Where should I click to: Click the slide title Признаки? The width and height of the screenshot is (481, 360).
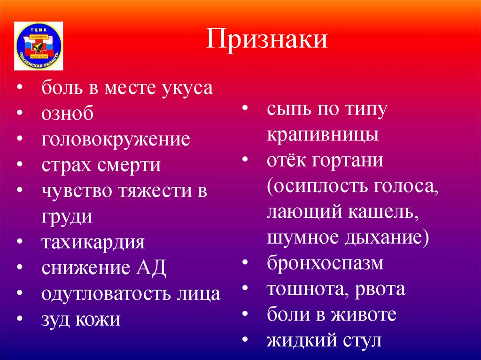point(267,39)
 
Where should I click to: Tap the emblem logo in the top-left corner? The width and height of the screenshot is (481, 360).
point(39,46)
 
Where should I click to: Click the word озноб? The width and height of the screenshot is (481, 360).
point(67,114)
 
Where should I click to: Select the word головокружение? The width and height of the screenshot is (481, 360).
point(116,140)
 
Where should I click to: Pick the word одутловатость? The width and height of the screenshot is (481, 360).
point(104,294)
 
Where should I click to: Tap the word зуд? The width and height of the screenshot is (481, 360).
point(55,320)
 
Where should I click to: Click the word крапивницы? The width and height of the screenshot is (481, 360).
point(323,136)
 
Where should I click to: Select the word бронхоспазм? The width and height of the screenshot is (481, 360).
point(326,263)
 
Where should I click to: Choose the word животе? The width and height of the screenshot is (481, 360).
point(364,314)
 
